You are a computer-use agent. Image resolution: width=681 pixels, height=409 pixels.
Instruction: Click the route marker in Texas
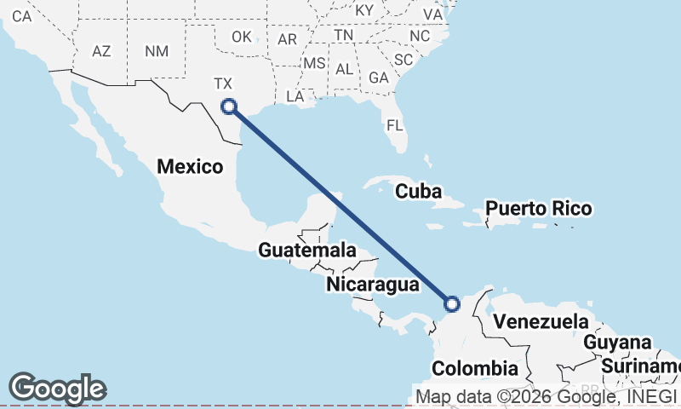(228, 107)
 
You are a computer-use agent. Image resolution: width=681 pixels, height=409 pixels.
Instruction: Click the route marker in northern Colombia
(452, 302)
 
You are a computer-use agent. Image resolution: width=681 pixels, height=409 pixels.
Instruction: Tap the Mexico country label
(190, 167)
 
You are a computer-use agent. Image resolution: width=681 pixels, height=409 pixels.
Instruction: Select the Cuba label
(418, 192)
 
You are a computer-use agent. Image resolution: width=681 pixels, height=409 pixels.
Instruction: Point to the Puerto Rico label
(538, 208)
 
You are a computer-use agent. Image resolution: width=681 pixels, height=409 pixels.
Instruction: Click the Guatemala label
(306, 251)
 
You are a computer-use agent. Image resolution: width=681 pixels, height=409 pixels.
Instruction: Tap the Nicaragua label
(372, 284)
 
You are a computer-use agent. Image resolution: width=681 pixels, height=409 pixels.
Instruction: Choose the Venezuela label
(541, 322)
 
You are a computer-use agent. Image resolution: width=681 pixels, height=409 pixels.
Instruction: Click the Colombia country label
(474, 369)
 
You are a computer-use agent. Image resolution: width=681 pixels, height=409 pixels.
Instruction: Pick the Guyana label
(617, 343)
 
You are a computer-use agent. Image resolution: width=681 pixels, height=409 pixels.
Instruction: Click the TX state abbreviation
(222, 84)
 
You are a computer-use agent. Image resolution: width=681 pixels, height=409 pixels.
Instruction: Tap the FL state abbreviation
(394, 125)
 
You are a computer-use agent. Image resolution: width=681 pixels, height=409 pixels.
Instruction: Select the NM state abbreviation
(157, 51)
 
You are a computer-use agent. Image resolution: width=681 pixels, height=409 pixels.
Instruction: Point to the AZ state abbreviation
(101, 51)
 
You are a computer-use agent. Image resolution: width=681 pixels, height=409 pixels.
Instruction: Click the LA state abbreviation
(295, 97)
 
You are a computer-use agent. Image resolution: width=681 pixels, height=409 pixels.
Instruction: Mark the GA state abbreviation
(379, 78)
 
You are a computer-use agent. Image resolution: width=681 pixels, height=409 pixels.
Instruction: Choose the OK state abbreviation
(242, 37)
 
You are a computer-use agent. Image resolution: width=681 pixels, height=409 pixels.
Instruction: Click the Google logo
(57, 389)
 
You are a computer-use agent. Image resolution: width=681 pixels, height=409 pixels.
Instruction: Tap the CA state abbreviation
(21, 16)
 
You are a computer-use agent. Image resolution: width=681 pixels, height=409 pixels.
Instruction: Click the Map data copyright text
(546, 396)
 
